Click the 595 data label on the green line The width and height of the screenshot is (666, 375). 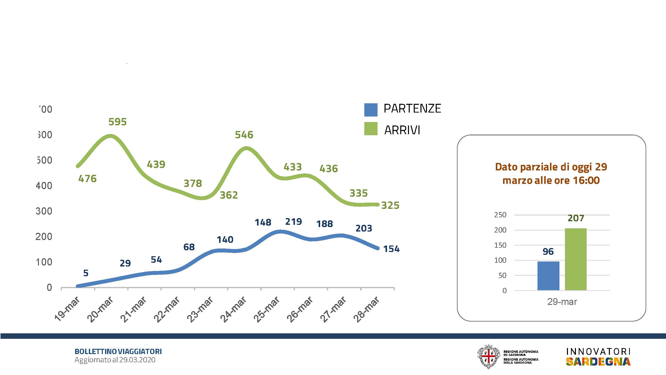pos(117,122)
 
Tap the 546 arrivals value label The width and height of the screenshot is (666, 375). pos(244,135)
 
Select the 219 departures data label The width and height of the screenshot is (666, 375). pos(293,222)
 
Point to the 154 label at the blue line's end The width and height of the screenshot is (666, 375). pos(391,249)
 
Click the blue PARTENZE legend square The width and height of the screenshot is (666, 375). pos(371,110)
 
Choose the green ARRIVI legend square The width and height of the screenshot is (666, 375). pos(371,129)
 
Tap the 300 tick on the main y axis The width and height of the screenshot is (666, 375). pos(44,211)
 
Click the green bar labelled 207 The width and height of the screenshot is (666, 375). pos(575,259)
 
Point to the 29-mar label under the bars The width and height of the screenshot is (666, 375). pos(562,302)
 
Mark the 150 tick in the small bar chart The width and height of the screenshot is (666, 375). pos(500,245)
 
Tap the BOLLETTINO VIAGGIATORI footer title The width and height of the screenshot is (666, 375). pos(118,352)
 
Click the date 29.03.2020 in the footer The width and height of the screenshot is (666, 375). pos(137,360)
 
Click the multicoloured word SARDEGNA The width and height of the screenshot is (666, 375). pos(598,362)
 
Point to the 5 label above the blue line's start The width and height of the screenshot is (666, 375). pos(86,273)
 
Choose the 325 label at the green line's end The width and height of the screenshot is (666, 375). pos(390,205)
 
